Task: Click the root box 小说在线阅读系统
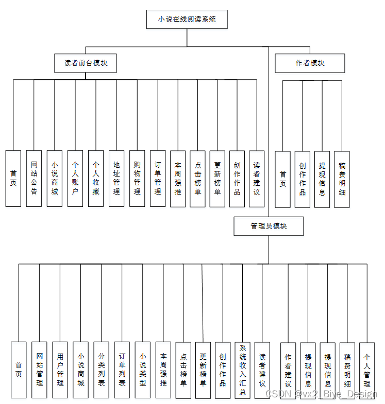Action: (x=187, y=20)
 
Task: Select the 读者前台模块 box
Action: (x=86, y=63)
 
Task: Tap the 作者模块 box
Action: (x=310, y=63)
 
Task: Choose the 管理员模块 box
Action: (x=269, y=226)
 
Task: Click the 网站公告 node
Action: (x=34, y=179)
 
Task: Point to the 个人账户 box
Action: (x=75, y=179)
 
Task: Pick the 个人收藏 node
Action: (x=96, y=179)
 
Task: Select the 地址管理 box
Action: (x=116, y=179)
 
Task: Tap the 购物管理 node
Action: (x=137, y=179)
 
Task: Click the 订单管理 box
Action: (x=158, y=179)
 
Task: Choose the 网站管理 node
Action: (x=39, y=370)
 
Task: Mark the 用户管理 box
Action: (x=60, y=370)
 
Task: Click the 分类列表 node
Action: (x=101, y=370)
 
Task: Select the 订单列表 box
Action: (x=122, y=370)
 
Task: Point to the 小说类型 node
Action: (x=143, y=370)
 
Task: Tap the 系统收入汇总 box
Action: (x=242, y=370)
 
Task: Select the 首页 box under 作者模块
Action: (x=282, y=179)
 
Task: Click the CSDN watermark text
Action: (x=321, y=394)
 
